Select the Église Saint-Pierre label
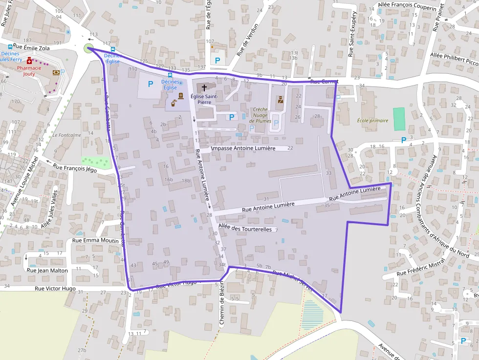point(204,99)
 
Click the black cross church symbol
point(204,87)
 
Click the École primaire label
point(372,120)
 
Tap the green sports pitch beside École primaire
point(399,118)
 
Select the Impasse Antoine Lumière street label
point(243,148)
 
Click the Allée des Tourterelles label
point(245,229)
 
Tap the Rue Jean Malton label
point(47,270)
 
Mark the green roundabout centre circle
point(88,48)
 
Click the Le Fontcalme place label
point(67,135)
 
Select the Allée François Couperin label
point(407,7)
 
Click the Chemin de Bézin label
point(221,305)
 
